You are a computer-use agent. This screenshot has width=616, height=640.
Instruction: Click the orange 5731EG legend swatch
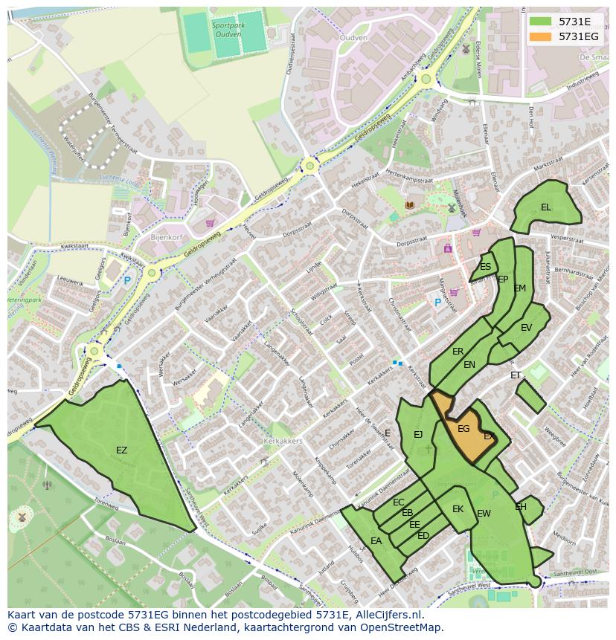[x=540, y=36]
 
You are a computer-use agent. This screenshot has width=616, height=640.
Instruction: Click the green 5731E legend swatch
[x=540, y=22]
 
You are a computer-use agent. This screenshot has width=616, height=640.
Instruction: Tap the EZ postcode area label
[x=121, y=450]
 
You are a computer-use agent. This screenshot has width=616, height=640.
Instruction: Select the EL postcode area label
[x=546, y=207]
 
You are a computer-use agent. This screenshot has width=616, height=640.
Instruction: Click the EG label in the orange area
[x=463, y=429]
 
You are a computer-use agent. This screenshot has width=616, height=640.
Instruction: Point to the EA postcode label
[x=376, y=541]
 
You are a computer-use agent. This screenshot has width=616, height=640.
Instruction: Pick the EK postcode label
[x=458, y=509]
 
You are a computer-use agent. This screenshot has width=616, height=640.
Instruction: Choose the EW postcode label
[x=484, y=514]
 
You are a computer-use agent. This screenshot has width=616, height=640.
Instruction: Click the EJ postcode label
[x=418, y=434]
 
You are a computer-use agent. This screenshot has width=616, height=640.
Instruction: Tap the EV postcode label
[x=526, y=328]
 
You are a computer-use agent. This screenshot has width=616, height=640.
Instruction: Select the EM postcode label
[x=520, y=288]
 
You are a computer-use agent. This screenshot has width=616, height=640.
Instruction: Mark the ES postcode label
[x=485, y=267]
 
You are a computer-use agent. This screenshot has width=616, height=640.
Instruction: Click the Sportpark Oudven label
[x=228, y=28]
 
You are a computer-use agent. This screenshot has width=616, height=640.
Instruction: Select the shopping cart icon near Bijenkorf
[x=210, y=222]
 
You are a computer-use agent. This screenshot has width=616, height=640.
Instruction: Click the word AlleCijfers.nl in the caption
[x=388, y=615]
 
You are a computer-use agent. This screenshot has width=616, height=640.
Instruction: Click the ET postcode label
[x=516, y=375]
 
